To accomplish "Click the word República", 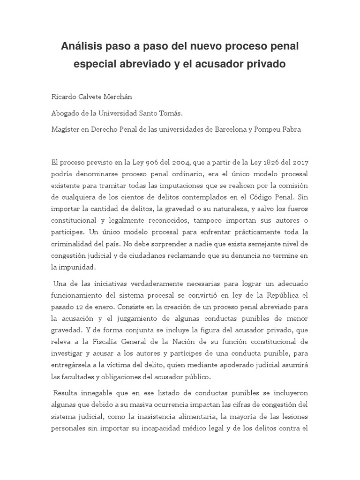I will click(281, 295).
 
